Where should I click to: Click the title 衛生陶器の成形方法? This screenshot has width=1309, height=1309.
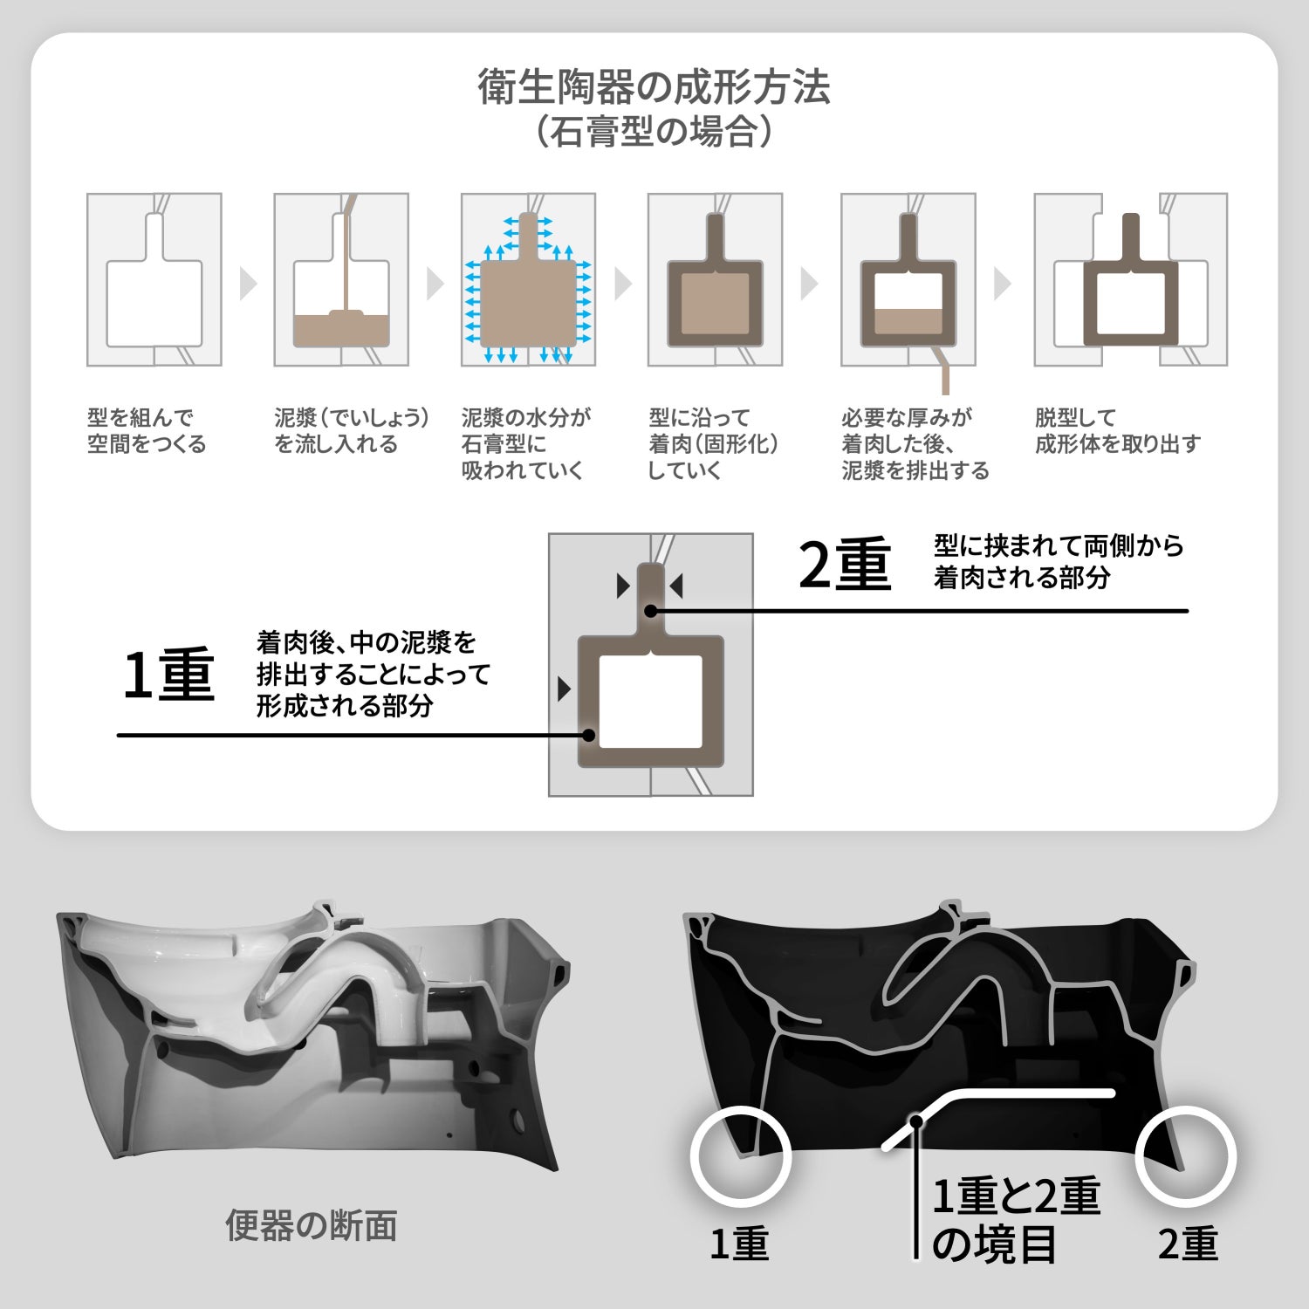pyautogui.click(x=654, y=87)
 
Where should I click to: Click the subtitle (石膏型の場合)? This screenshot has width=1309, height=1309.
pyautogui.click(x=654, y=132)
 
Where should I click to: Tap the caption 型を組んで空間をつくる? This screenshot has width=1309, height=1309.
pyautogui.click(x=147, y=430)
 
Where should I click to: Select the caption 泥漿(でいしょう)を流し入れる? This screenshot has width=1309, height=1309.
pyautogui.click(x=352, y=430)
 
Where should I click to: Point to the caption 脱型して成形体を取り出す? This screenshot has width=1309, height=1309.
pyautogui.click(x=1118, y=430)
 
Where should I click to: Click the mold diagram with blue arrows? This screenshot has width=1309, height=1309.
pyautogui.click(x=528, y=279)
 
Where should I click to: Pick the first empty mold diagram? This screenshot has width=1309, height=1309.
pyautogui.click(x=154, y=279)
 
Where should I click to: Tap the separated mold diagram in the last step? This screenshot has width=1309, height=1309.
pyautogui.click(x=1131, y=279)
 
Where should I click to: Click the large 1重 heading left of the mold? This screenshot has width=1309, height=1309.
pyautogui.click(x=168, y=675)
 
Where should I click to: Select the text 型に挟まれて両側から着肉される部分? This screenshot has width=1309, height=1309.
pyautogui.click(x=1059, y=561)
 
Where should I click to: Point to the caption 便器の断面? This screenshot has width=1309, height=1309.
pyautogui.click(x=312, y=1225)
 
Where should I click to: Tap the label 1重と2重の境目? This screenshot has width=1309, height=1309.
pyautogui.click(x=1016, y=1220)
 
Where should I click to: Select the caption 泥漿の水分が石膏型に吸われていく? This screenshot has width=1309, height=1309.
pyautogui.click(x=526, y=443)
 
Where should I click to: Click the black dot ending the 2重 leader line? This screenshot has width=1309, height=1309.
pyautogui.click(x=651, y=611)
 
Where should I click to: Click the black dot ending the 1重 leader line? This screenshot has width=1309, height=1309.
pyautogui.click(x=589, y=736)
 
